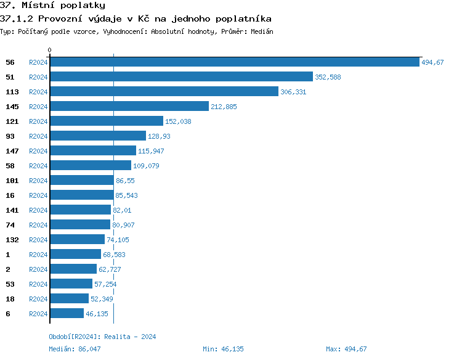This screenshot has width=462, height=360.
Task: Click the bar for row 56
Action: [x=234, y=62]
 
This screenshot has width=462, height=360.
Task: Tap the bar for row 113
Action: [x=164, y=92]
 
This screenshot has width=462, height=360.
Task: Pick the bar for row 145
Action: [x=129, y=107]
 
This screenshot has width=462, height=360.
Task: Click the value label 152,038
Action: [x=178, y=121]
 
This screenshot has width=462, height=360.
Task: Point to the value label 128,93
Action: [x=159, y=136]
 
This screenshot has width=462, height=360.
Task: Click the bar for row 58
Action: [x=91, y=166]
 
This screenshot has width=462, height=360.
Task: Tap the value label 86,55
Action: [x=125, y=181]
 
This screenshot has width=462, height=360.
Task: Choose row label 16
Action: [x=10, y=195]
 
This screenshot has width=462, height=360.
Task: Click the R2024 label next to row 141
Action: [x=38, y=210]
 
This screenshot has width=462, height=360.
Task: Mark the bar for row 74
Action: [x=80, y=225]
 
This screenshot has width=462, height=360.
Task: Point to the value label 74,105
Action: [x=118, y=240]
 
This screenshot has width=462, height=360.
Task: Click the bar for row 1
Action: [x=76, y=255]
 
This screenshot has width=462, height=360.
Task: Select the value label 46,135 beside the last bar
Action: [x=97, y=314]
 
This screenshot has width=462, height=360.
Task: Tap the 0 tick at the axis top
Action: [x=50, y=50]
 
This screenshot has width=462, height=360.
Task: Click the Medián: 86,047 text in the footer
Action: [x=75, y=349]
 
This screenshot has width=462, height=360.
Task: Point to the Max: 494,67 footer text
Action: [x=346, y=349]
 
